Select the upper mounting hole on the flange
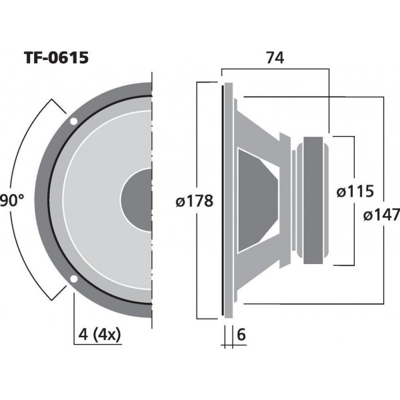pos(73,121)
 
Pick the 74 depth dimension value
pos(275,57)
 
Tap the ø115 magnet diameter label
pos(355,191)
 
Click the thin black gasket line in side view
pos(222,200)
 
